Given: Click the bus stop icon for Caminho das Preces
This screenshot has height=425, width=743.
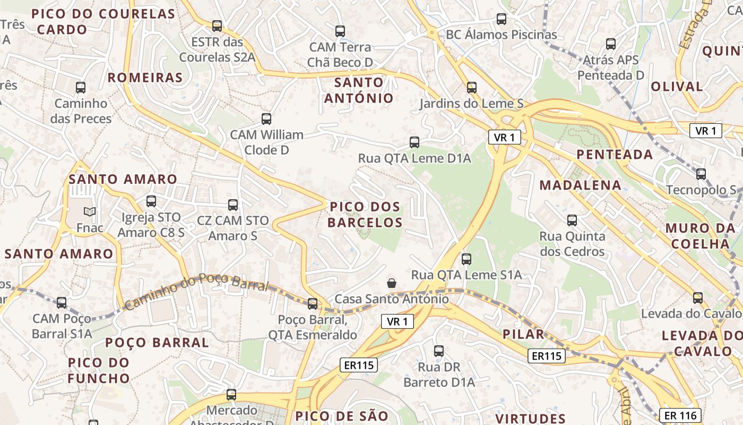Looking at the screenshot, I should pos(81,88).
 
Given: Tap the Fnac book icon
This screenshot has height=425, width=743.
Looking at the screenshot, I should pos(90,212).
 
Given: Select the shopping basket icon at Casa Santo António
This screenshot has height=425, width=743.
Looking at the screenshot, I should pos(392,283).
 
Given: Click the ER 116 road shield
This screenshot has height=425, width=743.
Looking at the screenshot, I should pos(680,415).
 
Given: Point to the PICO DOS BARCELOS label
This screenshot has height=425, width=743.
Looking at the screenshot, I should pos(365,215).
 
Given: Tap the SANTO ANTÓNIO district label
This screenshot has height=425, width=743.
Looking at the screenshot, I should pos(359,90).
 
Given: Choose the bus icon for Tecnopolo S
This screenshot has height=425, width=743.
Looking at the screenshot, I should pos(701,174).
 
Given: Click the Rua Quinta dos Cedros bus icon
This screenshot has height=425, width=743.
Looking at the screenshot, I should pos(572,220).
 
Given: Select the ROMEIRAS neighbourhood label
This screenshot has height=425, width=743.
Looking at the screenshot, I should pos(145,78).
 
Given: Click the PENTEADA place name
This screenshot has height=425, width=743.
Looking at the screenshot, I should pos(615,155).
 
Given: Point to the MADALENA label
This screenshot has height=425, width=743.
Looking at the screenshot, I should pos(580,185).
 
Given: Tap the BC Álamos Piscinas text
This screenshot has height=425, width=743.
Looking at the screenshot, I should pos(502,35).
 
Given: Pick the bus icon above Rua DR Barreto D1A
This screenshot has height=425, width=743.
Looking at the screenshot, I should pos(439,351).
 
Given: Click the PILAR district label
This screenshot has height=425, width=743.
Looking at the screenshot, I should pos(523,334).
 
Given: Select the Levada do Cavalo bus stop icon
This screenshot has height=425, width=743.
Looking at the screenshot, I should pos(698,298).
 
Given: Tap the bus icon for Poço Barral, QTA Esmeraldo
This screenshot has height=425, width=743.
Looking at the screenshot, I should pos(313,304).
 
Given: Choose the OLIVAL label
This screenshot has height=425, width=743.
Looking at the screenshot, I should pos(677,87).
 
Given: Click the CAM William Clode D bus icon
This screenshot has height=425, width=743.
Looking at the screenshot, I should pos(266,119).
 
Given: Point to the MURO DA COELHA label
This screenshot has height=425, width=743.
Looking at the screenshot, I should pos(701,236).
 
